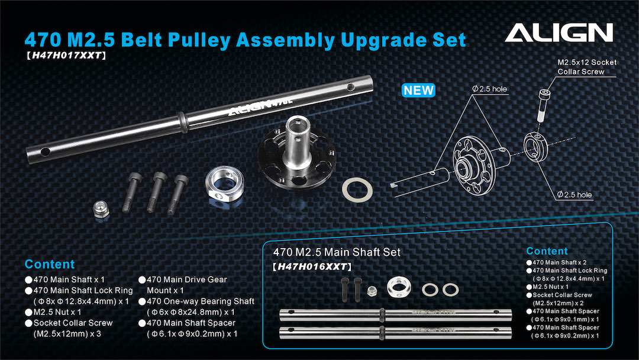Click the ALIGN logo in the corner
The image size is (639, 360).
[559, 33]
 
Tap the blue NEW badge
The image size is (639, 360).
[418, 90]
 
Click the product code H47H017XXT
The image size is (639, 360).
[66, 56]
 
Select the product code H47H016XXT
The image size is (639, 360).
[312, 266]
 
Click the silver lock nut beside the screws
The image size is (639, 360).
[101, 209]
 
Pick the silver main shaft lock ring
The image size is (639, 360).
[225, 184]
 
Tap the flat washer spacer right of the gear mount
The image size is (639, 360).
[357, 189]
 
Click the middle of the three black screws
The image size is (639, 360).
[157, 192]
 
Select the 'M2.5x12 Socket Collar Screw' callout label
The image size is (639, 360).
[587, 67]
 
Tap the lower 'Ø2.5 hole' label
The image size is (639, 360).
[575, 195]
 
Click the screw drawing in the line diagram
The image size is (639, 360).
[543, 106]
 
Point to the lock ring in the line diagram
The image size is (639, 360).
[535, 146]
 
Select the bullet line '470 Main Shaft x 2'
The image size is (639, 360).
[556, 262]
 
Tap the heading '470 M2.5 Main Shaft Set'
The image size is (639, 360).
[337, 252]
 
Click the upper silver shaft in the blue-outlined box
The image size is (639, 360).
[395, 315]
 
